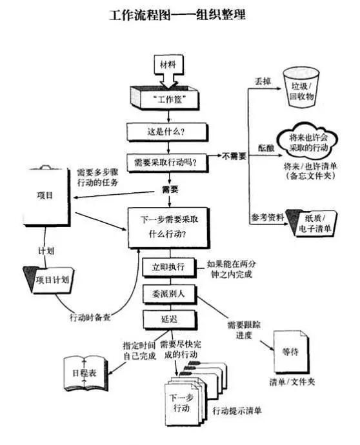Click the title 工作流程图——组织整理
[178, 14]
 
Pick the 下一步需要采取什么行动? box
[167, 228]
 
